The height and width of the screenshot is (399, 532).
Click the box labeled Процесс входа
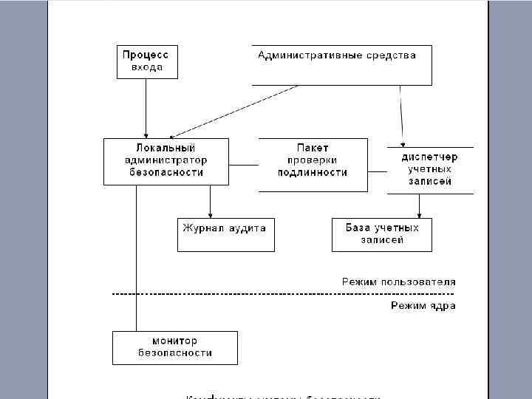(x=146, y=62)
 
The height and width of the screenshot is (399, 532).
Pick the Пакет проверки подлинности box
(x=313, y=165)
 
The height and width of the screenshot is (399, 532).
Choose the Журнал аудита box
(x=225, y=234)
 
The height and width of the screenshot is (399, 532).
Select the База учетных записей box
(x=382, y=234)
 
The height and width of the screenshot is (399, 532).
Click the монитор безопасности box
(x=175, y=347)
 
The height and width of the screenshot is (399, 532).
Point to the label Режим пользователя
(x=398, y=282)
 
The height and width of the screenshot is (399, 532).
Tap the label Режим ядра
(x=423, y=306)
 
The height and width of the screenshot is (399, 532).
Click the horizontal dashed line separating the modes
(x=259, y=294)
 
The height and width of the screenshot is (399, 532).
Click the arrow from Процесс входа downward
(x=146, y=107)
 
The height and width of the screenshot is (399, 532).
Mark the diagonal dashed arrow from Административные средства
(x=236, y=111)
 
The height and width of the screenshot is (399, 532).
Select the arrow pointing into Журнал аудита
(x=211, y=201)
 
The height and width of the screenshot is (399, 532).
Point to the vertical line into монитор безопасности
(x=137, y=259)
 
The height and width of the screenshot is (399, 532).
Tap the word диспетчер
(x=430, y=157)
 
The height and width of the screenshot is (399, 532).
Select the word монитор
(x=175, y=341)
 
